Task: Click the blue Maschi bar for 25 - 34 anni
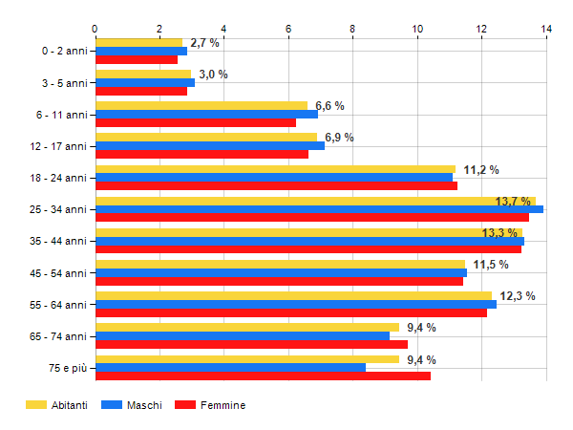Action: [x=319, y=209]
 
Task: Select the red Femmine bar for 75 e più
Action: [x=263, y=376]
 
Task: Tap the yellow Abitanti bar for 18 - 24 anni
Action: [x=275, y=169]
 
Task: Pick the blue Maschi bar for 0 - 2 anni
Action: [x=141, y=51]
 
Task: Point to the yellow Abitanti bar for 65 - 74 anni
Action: [x=246, y=327]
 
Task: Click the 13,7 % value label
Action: [x=514, y=201]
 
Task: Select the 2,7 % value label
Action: [x=204, y=43]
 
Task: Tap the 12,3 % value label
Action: [x=517, y=296]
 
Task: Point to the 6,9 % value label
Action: [x=339, y=138]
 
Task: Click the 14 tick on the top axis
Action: [x=546, y=29]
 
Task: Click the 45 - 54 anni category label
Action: [x=60, y=273]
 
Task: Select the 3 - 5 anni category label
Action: [x=63, y=82]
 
